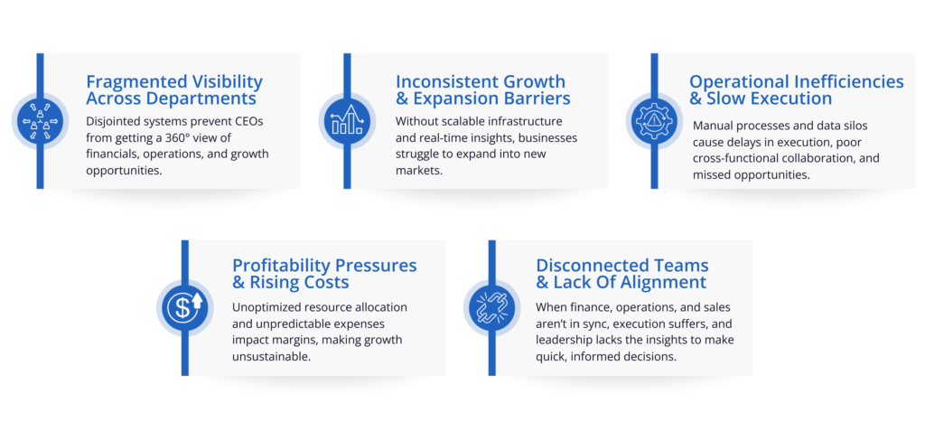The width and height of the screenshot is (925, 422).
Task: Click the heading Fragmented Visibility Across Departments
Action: pos(174,89)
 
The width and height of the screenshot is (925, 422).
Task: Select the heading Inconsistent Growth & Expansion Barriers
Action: pos(483,89)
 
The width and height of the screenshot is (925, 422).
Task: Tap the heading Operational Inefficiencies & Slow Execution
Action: pos(797,89)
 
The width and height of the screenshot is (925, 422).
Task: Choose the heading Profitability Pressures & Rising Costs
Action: pos(324,273)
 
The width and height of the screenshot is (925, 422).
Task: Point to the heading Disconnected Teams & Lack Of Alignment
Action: pos(622,273)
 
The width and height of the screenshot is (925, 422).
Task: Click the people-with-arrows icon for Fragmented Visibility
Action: pos(40,121)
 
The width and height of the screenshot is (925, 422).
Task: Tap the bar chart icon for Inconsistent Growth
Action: pos(347,121)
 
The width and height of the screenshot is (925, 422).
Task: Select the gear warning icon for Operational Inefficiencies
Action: pos(654,121)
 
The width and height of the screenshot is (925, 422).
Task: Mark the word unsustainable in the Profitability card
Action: pos(269,357)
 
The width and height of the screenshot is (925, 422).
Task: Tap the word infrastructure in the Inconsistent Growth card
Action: pos(524,122)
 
